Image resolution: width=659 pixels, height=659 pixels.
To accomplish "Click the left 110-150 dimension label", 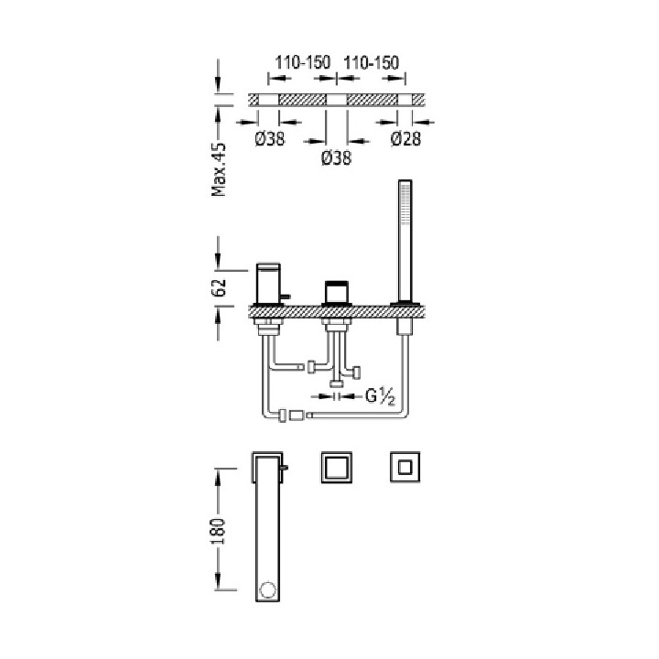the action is pyautogui.click(x=303, y=62).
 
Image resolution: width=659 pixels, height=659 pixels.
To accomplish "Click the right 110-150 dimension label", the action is pyautogui.click(x=371, y=62).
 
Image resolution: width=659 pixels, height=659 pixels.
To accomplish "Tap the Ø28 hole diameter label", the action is pyautogui.click(x=405, y=139).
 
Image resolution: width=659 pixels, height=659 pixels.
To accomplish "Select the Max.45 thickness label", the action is pyautogui.click(x=219, y=169).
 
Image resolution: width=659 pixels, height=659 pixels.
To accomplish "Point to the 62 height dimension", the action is pyautogui.click(x=219, y=287).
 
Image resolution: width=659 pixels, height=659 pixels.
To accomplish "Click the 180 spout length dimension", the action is pyautogui.click(x=218, y=531).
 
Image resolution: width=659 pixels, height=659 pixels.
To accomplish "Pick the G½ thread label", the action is pyautogui.click(x=381, y=396).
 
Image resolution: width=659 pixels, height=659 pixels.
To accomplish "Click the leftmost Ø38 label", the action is pyautogui.click(x=269, y=139).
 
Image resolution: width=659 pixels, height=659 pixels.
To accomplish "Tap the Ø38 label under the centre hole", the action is pyautogui.click(x=336, y=158).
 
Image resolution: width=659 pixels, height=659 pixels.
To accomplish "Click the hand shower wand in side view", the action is pyautogui.click(x=405, y=241).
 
